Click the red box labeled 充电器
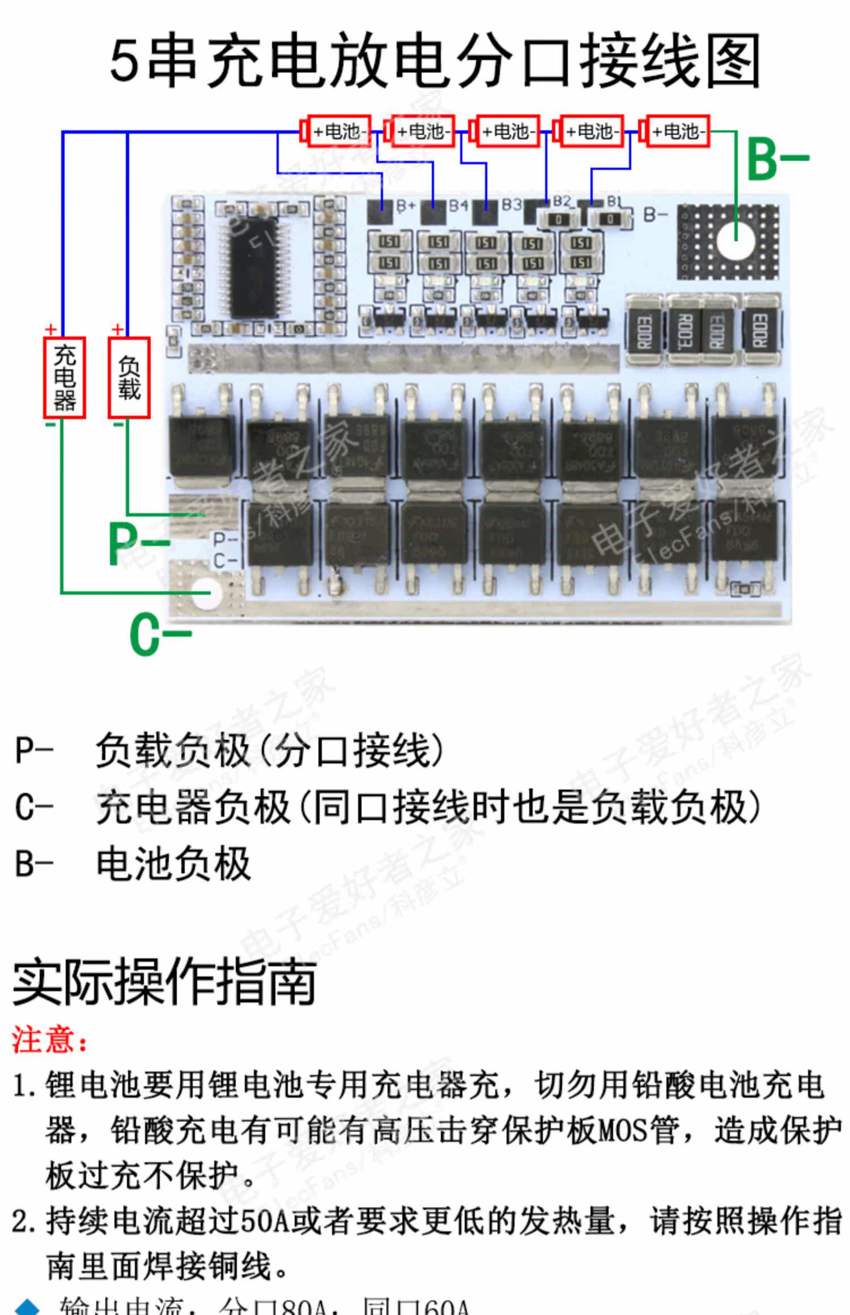pyautogui.click(x=65, y=378)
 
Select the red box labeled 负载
pyautogui.click(x=129, y=378)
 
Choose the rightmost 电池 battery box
pyautogui.click(x=677, y=131)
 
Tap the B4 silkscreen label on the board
pyautogui.click(x=458, y=205)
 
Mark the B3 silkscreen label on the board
pyautogui.click(x=511, y=204)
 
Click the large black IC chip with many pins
pyautogui.click(x=253, y=266)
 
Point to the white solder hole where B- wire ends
pyautogui.click(x=736, y=240)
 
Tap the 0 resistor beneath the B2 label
pyautogui.click(x=559, y=219)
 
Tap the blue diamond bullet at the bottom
pyautogui.click(x=27, y=1307)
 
